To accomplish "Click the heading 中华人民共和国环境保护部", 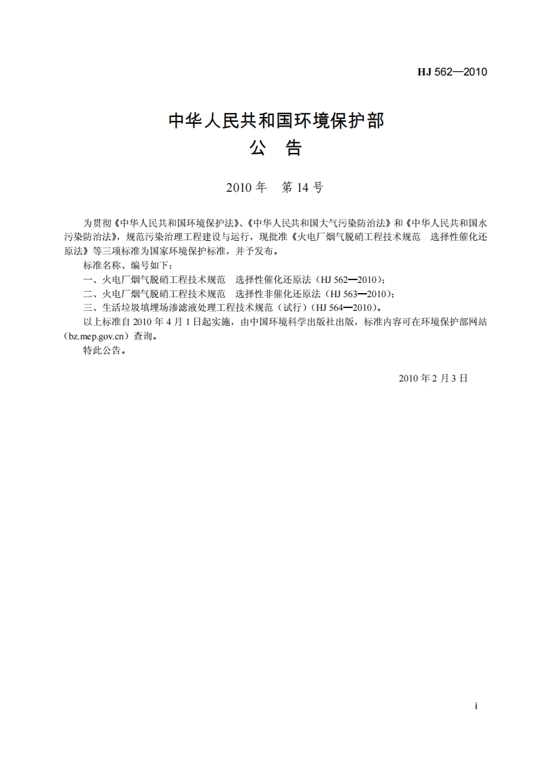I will (276, 122).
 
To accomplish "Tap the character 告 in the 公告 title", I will (294, 148).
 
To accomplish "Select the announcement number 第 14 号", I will (302, 188).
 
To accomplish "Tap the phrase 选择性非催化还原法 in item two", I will (279, 294).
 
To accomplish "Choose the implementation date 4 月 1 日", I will (191, 322).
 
